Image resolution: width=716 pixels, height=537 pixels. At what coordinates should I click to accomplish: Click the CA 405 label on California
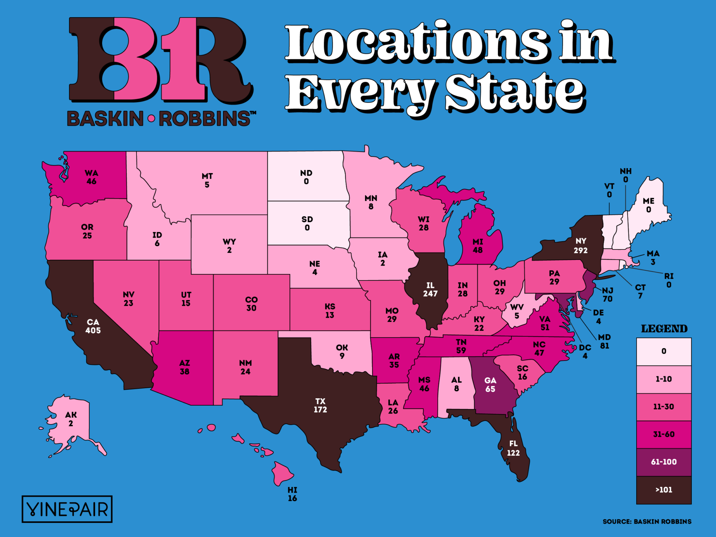[x=93, y=326]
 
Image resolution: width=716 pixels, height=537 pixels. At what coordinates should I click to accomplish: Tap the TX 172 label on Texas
[x=320, y=405]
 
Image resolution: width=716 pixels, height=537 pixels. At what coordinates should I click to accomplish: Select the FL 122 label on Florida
[x=513, y=448]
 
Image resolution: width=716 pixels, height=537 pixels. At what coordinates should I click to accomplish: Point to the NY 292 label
[x=581, y=246]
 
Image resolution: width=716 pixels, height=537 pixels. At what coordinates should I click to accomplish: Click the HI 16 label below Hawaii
[x=292, y=494]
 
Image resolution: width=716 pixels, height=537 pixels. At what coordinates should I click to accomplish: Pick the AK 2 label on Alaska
[x=71, y=419]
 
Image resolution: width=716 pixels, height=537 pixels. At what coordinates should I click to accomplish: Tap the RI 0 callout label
[x=669, y=280]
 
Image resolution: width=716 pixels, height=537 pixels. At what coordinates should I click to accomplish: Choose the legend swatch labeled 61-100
[x=664, y=462]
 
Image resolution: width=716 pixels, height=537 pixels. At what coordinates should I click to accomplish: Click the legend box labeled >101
[x=664, y=490]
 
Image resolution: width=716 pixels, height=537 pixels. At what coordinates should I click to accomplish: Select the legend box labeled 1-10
[x=664, y=379]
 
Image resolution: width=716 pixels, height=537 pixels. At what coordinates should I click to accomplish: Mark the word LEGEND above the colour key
[x=664, y=329]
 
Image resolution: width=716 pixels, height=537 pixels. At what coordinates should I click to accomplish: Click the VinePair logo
[x=67, y=509]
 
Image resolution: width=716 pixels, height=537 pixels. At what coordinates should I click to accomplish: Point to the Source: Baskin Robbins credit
[x=647, y=522]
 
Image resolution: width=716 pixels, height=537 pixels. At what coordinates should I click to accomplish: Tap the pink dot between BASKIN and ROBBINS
[x=151, y=119]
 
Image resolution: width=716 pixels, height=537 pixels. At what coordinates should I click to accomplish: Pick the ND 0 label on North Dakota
[x=306, y=177]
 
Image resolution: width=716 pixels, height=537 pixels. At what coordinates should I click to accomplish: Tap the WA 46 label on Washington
[x=91, y=177]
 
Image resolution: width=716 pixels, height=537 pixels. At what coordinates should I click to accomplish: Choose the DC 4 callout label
[x=585, y=352]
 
